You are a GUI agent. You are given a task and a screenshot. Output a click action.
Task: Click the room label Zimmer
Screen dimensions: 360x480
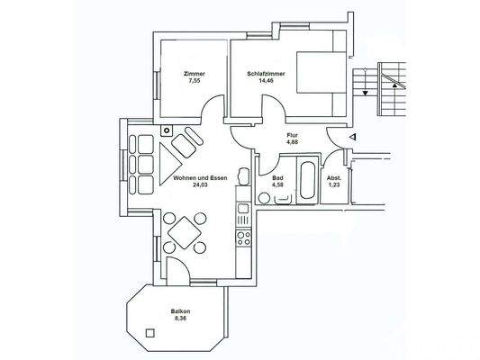pyautogui.click(x=193, y=74)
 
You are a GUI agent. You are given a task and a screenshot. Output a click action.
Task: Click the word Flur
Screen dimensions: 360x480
pyautogui.click(x=292, y=135)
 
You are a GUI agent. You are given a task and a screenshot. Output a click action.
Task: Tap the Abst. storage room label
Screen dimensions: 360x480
pyautogui.click(x=333, y=177)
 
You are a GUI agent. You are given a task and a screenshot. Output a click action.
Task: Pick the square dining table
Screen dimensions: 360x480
pyautogui.click(x=184, y=233)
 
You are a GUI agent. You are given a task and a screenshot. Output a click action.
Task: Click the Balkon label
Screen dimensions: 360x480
pyautogui.click(x=180, y=311)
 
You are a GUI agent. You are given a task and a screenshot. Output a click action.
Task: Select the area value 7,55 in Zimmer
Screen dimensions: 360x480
pyautogui.click(x=193, y=81)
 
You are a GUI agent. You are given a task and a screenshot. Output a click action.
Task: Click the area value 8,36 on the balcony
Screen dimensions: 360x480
pyautogui.click(x=180, y=319)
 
